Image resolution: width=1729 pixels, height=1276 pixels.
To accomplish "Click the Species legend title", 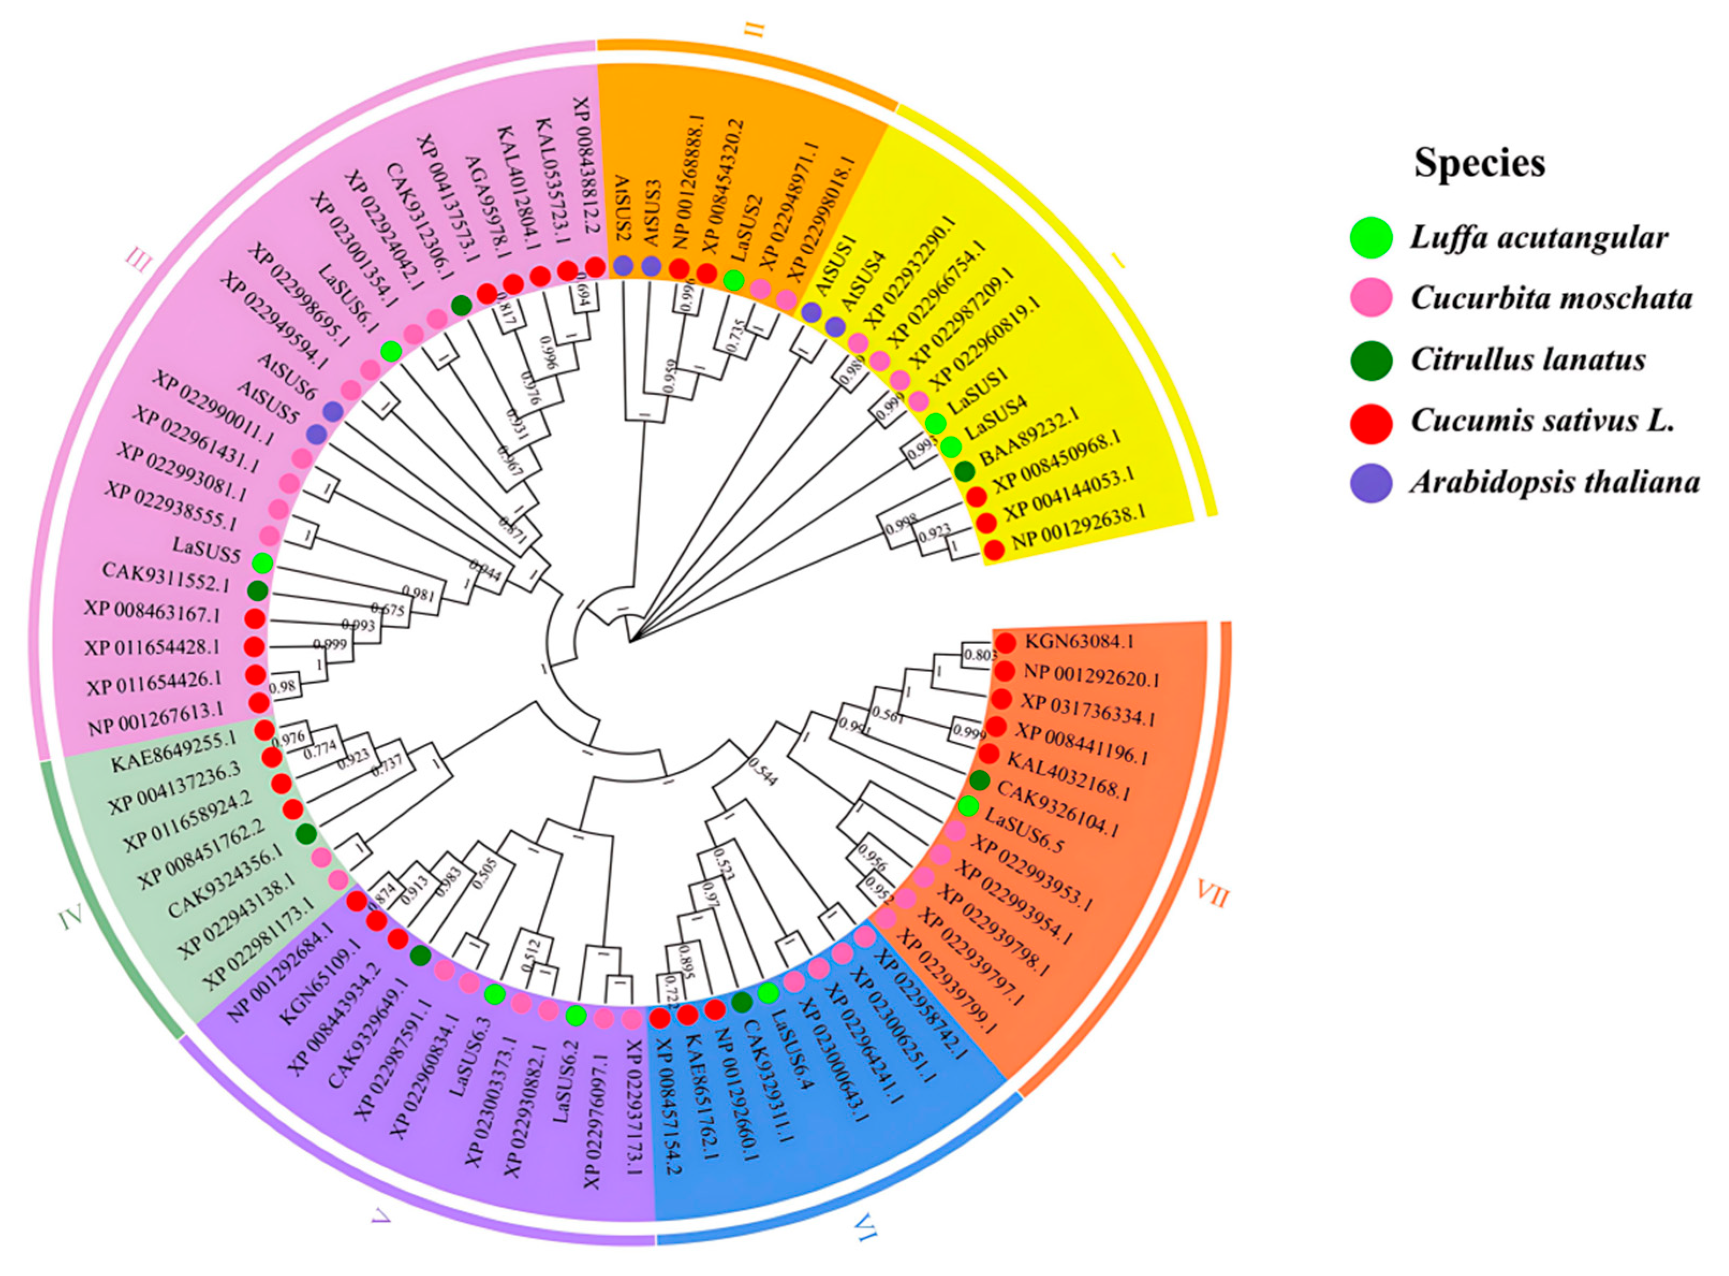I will pyautogui.click(x=1479, y=163).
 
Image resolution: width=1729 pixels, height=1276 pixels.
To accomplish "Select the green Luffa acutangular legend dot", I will pyautogui.click(x=1371, y=237).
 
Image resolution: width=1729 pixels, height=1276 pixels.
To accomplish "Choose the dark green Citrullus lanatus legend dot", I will pyautogui.click(x=1371, y=360).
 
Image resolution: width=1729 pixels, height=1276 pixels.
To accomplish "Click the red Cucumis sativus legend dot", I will pyautogui.click(x=1371, y=422).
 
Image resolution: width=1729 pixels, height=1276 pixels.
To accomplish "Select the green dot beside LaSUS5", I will pyautogui.click(x=263, y=563).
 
